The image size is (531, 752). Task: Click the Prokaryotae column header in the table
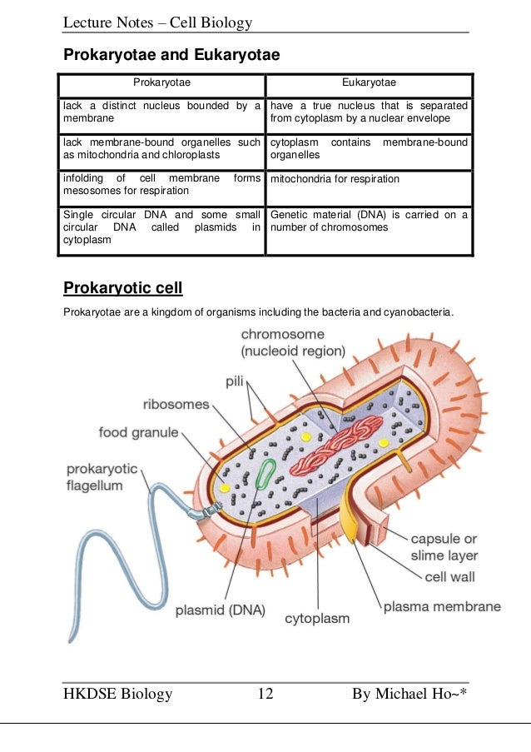coord(161,83)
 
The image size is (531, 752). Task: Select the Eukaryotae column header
coord(369,83)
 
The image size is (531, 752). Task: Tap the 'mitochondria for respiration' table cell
coord(335,179)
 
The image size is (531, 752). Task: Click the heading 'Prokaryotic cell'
coord(122,289)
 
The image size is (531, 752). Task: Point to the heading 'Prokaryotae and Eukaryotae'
coord(171,55)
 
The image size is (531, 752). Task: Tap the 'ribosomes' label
coord(176,404)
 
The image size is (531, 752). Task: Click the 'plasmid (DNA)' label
coord(221,610)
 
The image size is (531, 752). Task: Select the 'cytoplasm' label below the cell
coord(317,619)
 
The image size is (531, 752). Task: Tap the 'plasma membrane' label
coord(442,606)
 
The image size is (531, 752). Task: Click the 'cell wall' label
coord(452,575)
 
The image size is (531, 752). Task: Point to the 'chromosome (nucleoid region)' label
coord(292,342)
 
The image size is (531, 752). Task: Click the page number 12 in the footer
coord(265,695)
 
